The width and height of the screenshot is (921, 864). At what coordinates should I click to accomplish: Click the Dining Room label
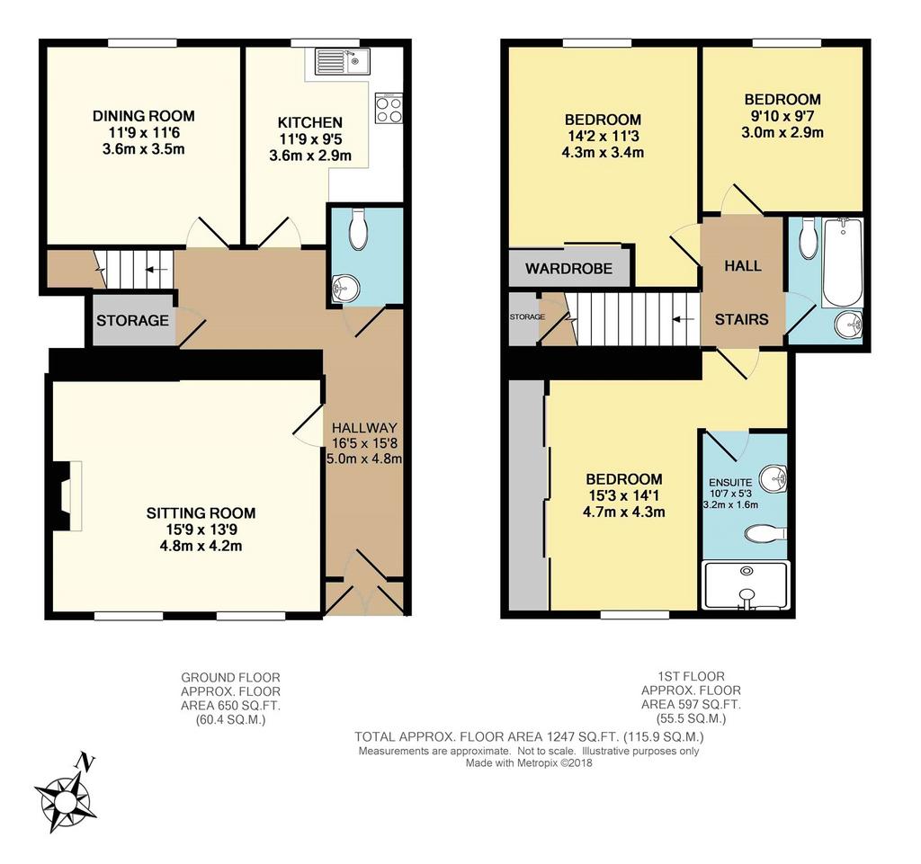(x=143, y=116)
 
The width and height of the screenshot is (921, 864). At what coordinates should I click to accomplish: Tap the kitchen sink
(x=342, y=61)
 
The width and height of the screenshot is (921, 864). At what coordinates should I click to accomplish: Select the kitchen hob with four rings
(x=389, y=108)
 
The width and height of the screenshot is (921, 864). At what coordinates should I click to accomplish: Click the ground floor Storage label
(x=133, y=320)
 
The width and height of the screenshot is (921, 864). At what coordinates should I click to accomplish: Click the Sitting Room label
(x=201, y=513)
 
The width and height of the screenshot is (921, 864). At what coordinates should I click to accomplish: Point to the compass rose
(x=65, y=795)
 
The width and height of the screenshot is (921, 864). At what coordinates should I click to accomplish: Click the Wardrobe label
(x=568, y=269)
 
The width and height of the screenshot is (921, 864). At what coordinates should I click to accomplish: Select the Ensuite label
(x=730, y=483)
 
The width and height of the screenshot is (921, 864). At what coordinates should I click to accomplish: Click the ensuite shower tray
(x=746, y=585)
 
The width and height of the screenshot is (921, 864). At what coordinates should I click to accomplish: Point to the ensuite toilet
(x=765, y=534)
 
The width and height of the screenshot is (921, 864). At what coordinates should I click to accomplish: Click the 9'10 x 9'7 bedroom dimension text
(x=782, y=116)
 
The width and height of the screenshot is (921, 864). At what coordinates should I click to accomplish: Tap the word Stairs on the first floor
(x=741, y=320)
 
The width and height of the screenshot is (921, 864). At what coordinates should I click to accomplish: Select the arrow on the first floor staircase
(x=684, y=320)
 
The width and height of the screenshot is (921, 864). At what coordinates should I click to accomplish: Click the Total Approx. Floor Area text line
(x=529, y=736)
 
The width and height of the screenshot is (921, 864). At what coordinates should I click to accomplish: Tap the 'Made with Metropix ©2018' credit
(x=529, y=763)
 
